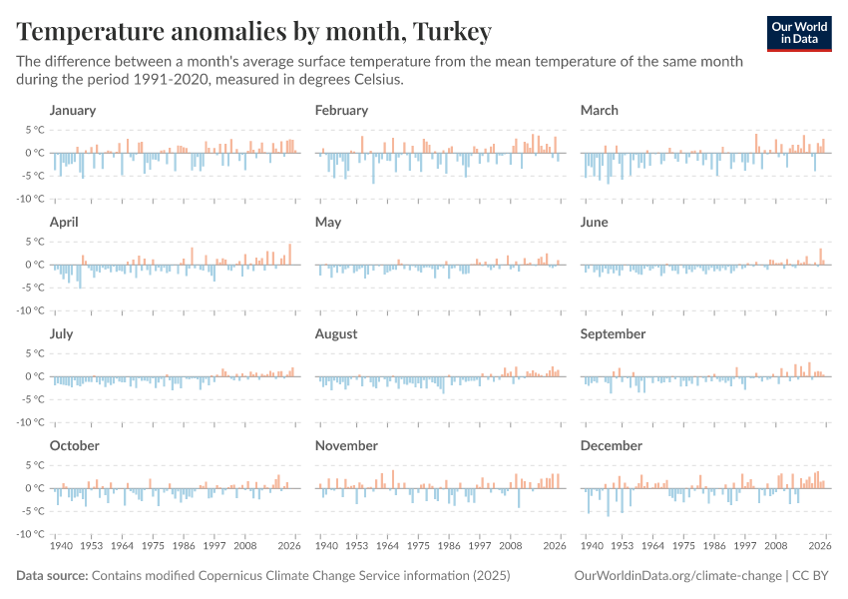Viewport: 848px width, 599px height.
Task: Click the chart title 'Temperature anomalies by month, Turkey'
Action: click(254, 32)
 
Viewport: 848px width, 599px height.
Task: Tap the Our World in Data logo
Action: click(798, 33)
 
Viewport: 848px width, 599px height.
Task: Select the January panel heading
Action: click(73, 110)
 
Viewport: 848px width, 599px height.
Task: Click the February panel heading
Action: click(341, 110)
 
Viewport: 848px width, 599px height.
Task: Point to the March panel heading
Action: click(600, 110)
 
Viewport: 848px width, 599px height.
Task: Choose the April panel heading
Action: click(64, 222)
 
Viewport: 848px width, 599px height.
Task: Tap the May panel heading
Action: click(328, 222)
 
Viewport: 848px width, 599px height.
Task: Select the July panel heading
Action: click(63, 333)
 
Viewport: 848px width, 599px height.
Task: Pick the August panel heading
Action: click(336, 333)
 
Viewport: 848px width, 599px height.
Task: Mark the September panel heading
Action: click(613, 333)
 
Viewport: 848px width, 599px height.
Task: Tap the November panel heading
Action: click(346, 445)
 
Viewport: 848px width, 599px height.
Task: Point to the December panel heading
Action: click(612, 445)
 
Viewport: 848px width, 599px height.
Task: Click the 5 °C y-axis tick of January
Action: click(35, 130)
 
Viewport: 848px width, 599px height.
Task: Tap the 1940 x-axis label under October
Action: click(61, 547)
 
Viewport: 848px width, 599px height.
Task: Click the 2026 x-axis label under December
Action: click(820, 547)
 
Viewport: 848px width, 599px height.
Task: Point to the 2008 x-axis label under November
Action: click(511, 547)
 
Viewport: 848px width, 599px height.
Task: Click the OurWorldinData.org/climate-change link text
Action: click(677, 576)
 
